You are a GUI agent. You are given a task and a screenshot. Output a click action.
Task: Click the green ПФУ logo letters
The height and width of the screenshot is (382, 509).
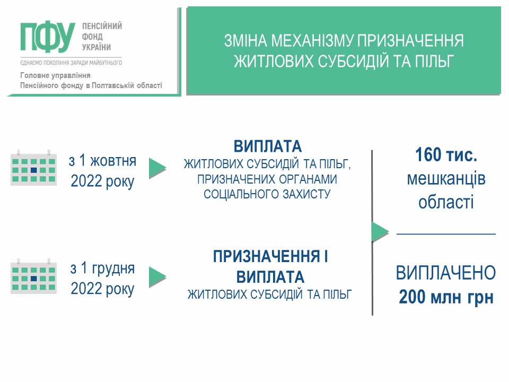click(x=48, y=37)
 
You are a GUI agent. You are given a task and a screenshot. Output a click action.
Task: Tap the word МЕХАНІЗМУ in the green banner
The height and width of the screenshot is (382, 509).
click(x=313, y=41)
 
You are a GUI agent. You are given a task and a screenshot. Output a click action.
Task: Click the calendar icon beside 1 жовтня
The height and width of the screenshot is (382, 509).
click(x=34, y=168)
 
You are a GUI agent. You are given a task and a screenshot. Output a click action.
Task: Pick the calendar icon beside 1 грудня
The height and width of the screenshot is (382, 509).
click(x=34, y=276)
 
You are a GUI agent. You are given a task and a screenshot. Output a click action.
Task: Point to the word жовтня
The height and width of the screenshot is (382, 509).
click(x=113, y=161)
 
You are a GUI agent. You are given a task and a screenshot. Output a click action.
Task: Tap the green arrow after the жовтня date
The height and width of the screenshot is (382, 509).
click(x=157, y=168)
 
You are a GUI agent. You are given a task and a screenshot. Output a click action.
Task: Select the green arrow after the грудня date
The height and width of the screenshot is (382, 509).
click(x=157, y=277)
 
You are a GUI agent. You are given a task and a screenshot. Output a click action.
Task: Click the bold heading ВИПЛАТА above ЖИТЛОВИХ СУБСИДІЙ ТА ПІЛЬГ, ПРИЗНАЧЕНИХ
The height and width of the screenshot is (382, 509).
click(x=268, y=146)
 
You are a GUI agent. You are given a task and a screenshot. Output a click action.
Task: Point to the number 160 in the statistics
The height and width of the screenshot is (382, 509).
click(x=428, y=154)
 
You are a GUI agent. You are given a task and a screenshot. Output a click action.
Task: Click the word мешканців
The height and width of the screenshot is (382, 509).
click(x=446, y=179)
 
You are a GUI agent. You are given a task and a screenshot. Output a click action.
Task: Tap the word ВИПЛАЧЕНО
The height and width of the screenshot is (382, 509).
click(x=446, y=273)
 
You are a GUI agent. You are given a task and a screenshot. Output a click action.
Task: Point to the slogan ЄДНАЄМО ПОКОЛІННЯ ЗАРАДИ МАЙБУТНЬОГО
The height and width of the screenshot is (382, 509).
click(x=71, y=63)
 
